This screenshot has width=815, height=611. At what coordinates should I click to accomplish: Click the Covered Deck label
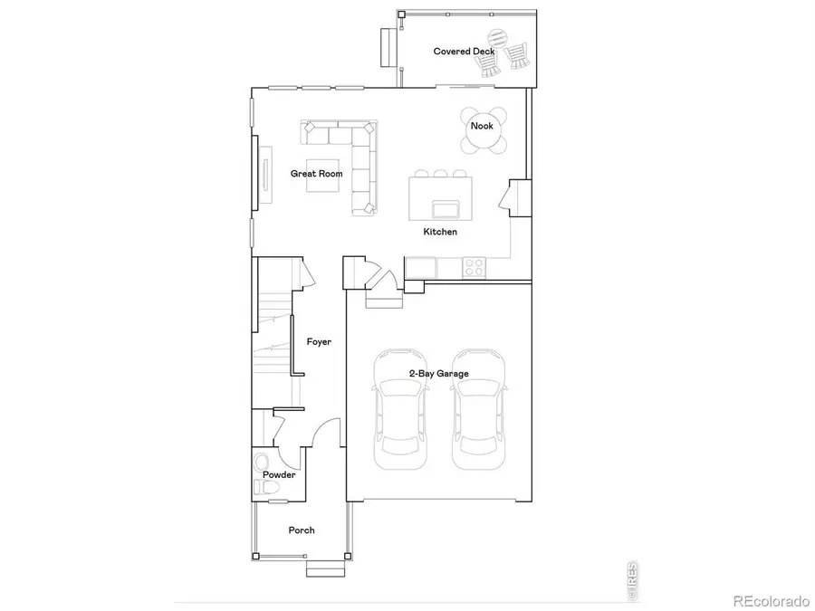(x=464, y=52)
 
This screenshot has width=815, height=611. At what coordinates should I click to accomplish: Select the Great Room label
(x=316, y=173)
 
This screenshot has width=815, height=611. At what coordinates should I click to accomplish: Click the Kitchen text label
(x=440, y=233)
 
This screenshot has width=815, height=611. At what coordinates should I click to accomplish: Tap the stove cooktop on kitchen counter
(x=474, y=266)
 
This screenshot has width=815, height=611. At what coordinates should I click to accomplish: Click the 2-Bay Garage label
(x=438, y=373)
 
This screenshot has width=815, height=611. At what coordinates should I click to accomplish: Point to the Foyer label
(x=319, y=342)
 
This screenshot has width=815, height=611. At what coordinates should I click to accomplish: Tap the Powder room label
(x=279, y=475)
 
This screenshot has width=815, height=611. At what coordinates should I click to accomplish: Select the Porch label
(x=302, y=530)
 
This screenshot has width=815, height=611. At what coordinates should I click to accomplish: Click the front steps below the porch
(x=323, y=568)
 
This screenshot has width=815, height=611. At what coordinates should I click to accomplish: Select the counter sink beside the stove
(x=420, y=266)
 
